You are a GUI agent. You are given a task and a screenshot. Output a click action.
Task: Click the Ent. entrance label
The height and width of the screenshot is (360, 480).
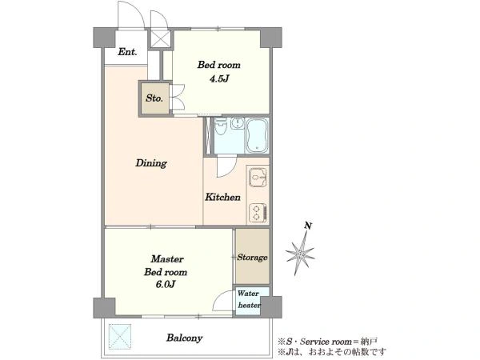pos(127,52)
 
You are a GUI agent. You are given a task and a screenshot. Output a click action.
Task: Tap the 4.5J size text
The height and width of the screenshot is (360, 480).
pos(219,79)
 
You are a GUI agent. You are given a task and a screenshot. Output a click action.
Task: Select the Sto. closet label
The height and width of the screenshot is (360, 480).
pos(154,98)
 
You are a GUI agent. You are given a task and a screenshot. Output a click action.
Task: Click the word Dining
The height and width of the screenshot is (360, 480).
pos(151,163)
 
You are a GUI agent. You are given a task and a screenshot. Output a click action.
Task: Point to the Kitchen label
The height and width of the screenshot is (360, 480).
pos(222,197)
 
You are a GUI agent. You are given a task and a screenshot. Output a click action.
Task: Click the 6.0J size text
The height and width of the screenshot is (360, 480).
pos(166,284)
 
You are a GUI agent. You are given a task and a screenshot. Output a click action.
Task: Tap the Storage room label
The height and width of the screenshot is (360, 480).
pos(252,258)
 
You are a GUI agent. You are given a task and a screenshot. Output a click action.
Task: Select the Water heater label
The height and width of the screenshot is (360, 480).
pos(249,299)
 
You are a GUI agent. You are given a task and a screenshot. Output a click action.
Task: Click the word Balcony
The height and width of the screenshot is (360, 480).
pos(184,338)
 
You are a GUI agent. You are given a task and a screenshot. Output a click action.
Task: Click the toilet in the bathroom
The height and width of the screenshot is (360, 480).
pos(220,126)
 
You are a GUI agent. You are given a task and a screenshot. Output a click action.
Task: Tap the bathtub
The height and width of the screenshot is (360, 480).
pos(258,135)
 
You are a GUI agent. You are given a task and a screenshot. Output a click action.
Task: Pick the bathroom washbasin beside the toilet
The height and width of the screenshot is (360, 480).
pos(235,124)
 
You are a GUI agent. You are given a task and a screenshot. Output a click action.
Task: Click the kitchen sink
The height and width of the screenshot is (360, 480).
pos(258,178)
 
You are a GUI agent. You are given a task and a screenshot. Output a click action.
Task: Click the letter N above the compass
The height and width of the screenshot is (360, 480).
pos(308,226)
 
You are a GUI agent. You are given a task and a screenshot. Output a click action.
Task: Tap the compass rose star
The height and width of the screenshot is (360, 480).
pos(300,253)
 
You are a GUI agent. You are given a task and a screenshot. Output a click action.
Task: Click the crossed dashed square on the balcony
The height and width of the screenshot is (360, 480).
pos(120,335)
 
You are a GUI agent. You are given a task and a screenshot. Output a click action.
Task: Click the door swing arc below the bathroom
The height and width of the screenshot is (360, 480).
pos(227,167)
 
